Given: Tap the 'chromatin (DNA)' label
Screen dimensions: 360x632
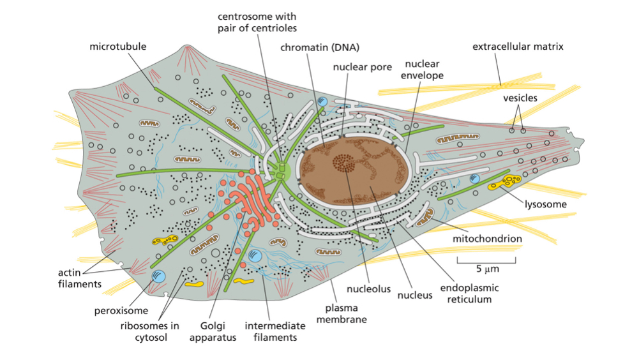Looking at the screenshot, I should coord(320,47).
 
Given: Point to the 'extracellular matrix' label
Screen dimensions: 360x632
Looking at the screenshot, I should coord(518,47).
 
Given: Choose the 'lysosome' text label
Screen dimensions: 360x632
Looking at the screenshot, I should coord(546,204).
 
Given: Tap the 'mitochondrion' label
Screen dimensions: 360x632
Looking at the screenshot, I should coord(488,239).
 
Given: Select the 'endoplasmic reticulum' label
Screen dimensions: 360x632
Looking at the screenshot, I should coord(469,293).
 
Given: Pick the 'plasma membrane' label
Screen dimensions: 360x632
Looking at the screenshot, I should coord(342,313).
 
